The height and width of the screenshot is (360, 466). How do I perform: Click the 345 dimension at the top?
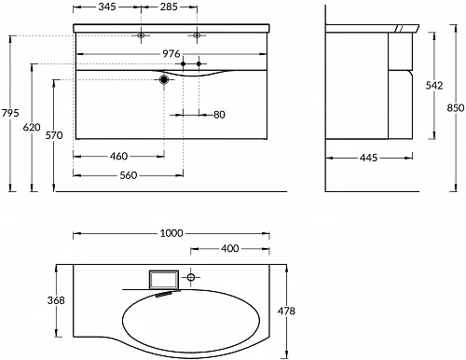coord(107,7)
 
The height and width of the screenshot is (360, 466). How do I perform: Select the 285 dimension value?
coord(169,7)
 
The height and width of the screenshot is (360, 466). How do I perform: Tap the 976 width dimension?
coord(171,54)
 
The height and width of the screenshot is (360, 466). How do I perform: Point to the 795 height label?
coord(10,113)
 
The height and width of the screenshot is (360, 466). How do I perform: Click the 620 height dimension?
coord(32,127)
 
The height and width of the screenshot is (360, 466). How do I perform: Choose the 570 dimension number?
coord(54,135)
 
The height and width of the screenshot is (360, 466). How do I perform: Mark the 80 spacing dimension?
coord(219,115)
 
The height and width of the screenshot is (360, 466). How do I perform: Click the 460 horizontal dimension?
coord(118,156)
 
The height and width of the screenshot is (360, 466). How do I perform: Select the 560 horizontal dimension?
coord(129,175)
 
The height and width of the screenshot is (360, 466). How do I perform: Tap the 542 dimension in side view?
coord(434,85)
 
